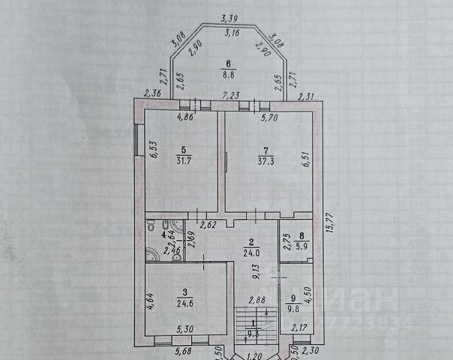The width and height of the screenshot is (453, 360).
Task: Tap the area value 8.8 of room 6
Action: (230, 74)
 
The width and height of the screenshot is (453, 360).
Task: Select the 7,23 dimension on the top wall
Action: (230, 95)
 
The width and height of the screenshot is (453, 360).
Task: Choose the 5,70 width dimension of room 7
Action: (268, 118)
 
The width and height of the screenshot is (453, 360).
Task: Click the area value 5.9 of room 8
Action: (300, 243)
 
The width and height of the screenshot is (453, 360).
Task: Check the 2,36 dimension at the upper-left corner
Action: (152, 94)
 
